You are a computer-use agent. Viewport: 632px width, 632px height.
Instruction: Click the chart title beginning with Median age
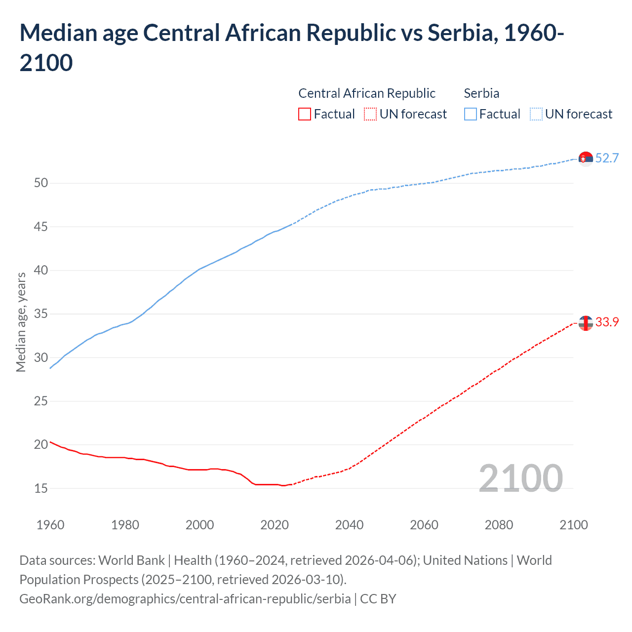click(x=291, y=47)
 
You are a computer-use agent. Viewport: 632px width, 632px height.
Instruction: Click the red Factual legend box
click(x=305, y=114)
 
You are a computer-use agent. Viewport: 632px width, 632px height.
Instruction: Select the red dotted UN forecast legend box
click(x=370, y=114)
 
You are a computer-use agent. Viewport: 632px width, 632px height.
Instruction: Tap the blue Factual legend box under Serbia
click(x=471, y=114)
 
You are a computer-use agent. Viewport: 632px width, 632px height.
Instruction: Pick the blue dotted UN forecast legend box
click(x=536, y=114)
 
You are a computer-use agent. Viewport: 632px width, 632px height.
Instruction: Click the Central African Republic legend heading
click(x=367, y=93)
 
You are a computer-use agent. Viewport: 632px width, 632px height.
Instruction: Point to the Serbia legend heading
click(x=481, y=93)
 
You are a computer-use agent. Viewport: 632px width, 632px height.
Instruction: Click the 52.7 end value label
click(x=607, y=158)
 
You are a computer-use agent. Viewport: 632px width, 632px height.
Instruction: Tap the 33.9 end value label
click(x=607, y=322)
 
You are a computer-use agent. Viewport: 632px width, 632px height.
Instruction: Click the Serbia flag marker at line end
click(x=586, y=159)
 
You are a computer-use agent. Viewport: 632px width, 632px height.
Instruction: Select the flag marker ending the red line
click(x=586, y=323)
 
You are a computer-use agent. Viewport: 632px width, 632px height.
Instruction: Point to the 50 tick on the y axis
click(x=41, y=183)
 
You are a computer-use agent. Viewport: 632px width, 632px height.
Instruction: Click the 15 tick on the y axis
click(x=41, y=488)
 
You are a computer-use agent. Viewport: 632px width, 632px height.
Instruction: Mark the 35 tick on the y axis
click(x=41, y=314)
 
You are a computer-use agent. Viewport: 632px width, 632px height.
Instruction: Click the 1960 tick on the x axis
click(x=50, y=525)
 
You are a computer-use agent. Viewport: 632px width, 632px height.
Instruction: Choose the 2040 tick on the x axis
click(x=349, y=525)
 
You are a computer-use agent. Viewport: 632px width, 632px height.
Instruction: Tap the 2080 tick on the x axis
click(x=499, y=525)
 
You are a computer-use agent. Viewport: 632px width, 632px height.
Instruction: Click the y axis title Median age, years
click(x=21, y=322)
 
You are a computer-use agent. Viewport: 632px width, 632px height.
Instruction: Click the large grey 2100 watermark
click(x=520, y=478)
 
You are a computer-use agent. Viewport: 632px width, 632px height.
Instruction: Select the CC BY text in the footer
click(x=378, y=599)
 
